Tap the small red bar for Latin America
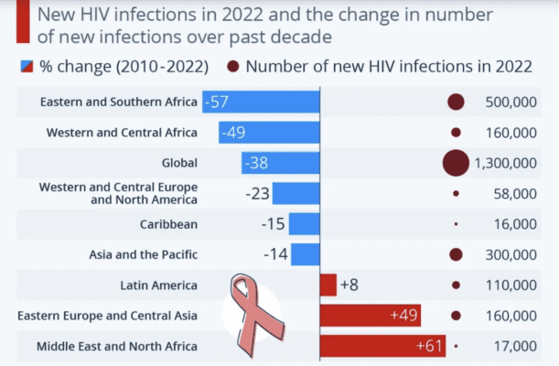click(328, 285)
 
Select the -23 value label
click(257, 194)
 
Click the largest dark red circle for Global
click(456, 163)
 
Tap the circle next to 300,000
click(456, 254)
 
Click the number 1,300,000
click(506, 163)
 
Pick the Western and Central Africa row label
click(121, 133)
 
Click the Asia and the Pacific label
click(143, 254)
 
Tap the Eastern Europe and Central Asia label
click(107, 316)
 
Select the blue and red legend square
click(27, 66)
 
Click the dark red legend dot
click(232, 66)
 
